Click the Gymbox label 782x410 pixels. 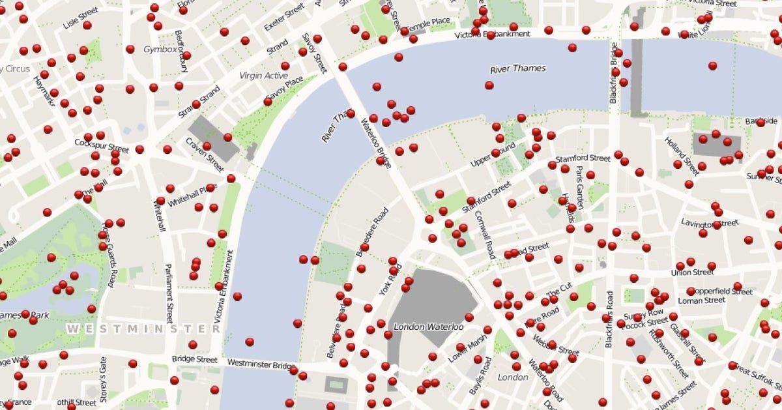coord(160,49)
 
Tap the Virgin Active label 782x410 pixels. coord(263,76)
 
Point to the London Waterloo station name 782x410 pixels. coord(428,326)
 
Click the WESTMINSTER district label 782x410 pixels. coord(143,329)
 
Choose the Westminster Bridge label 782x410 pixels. coord(261,363)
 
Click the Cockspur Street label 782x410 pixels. coord(102,145)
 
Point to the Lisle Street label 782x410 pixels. coord(80,18)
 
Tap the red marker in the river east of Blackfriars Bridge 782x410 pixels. coord(712,66)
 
